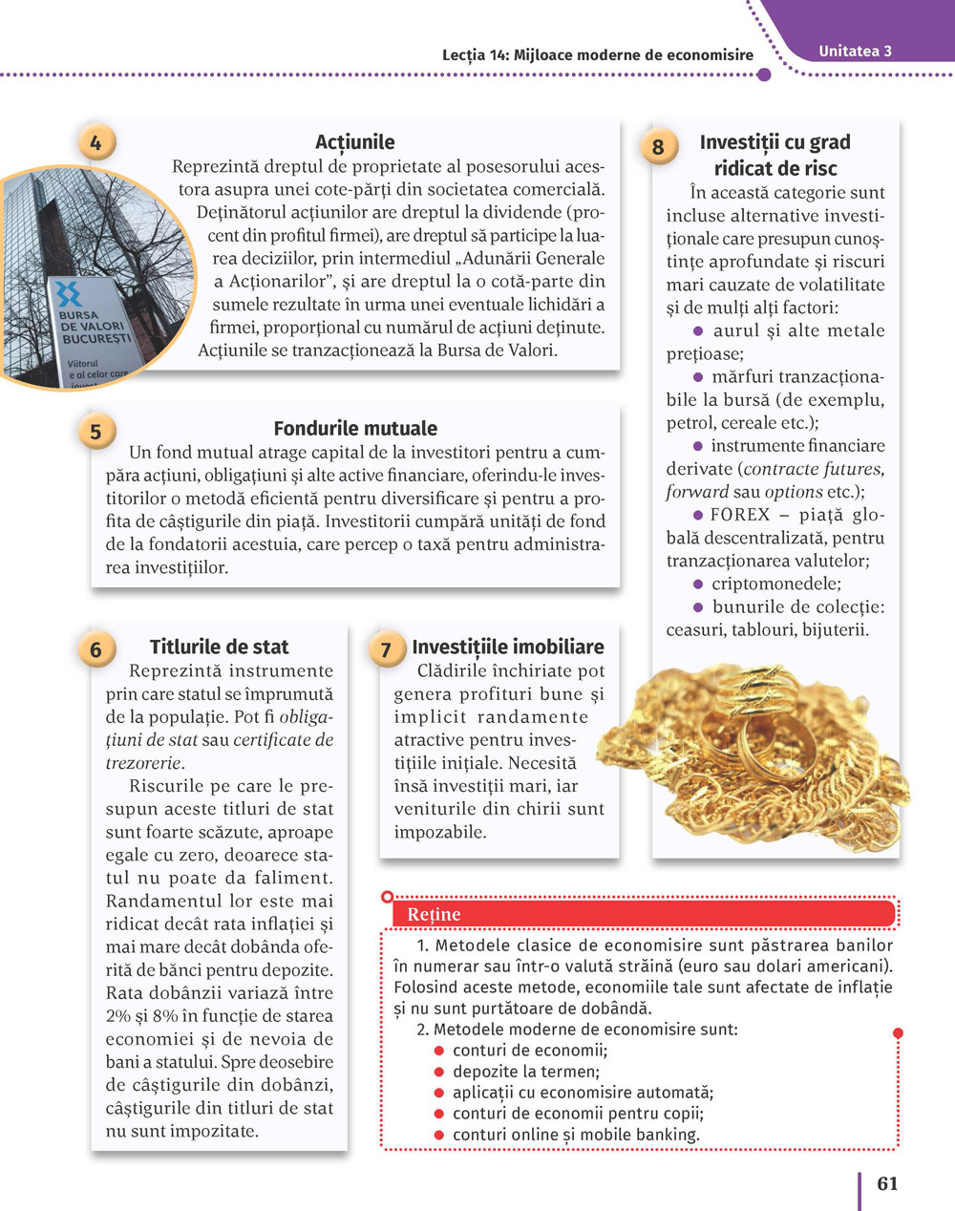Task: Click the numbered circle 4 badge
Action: click(x=95, y=143)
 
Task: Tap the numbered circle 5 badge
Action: click(x=95, y=432)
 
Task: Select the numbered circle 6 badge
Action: click(x=95, y=649)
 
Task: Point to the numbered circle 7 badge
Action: click(x=386, y=649)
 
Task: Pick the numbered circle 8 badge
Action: click(x=658, y=147)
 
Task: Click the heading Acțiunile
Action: click(x=354, y=142)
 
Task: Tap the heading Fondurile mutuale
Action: click(x=355, y=429)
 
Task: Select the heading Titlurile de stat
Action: click(x=219, y=647)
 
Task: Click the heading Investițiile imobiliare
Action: click(x=507, y=647)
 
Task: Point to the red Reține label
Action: click(x=434, y=914)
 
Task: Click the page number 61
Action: click(x=887, y=1183)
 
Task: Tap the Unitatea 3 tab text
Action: click(x=855, y=52)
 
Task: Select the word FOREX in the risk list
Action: click(x=740, y=515)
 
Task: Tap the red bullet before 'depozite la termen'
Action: click(x=439, y=1072)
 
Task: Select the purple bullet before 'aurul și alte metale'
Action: click(x=698, y=331)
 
